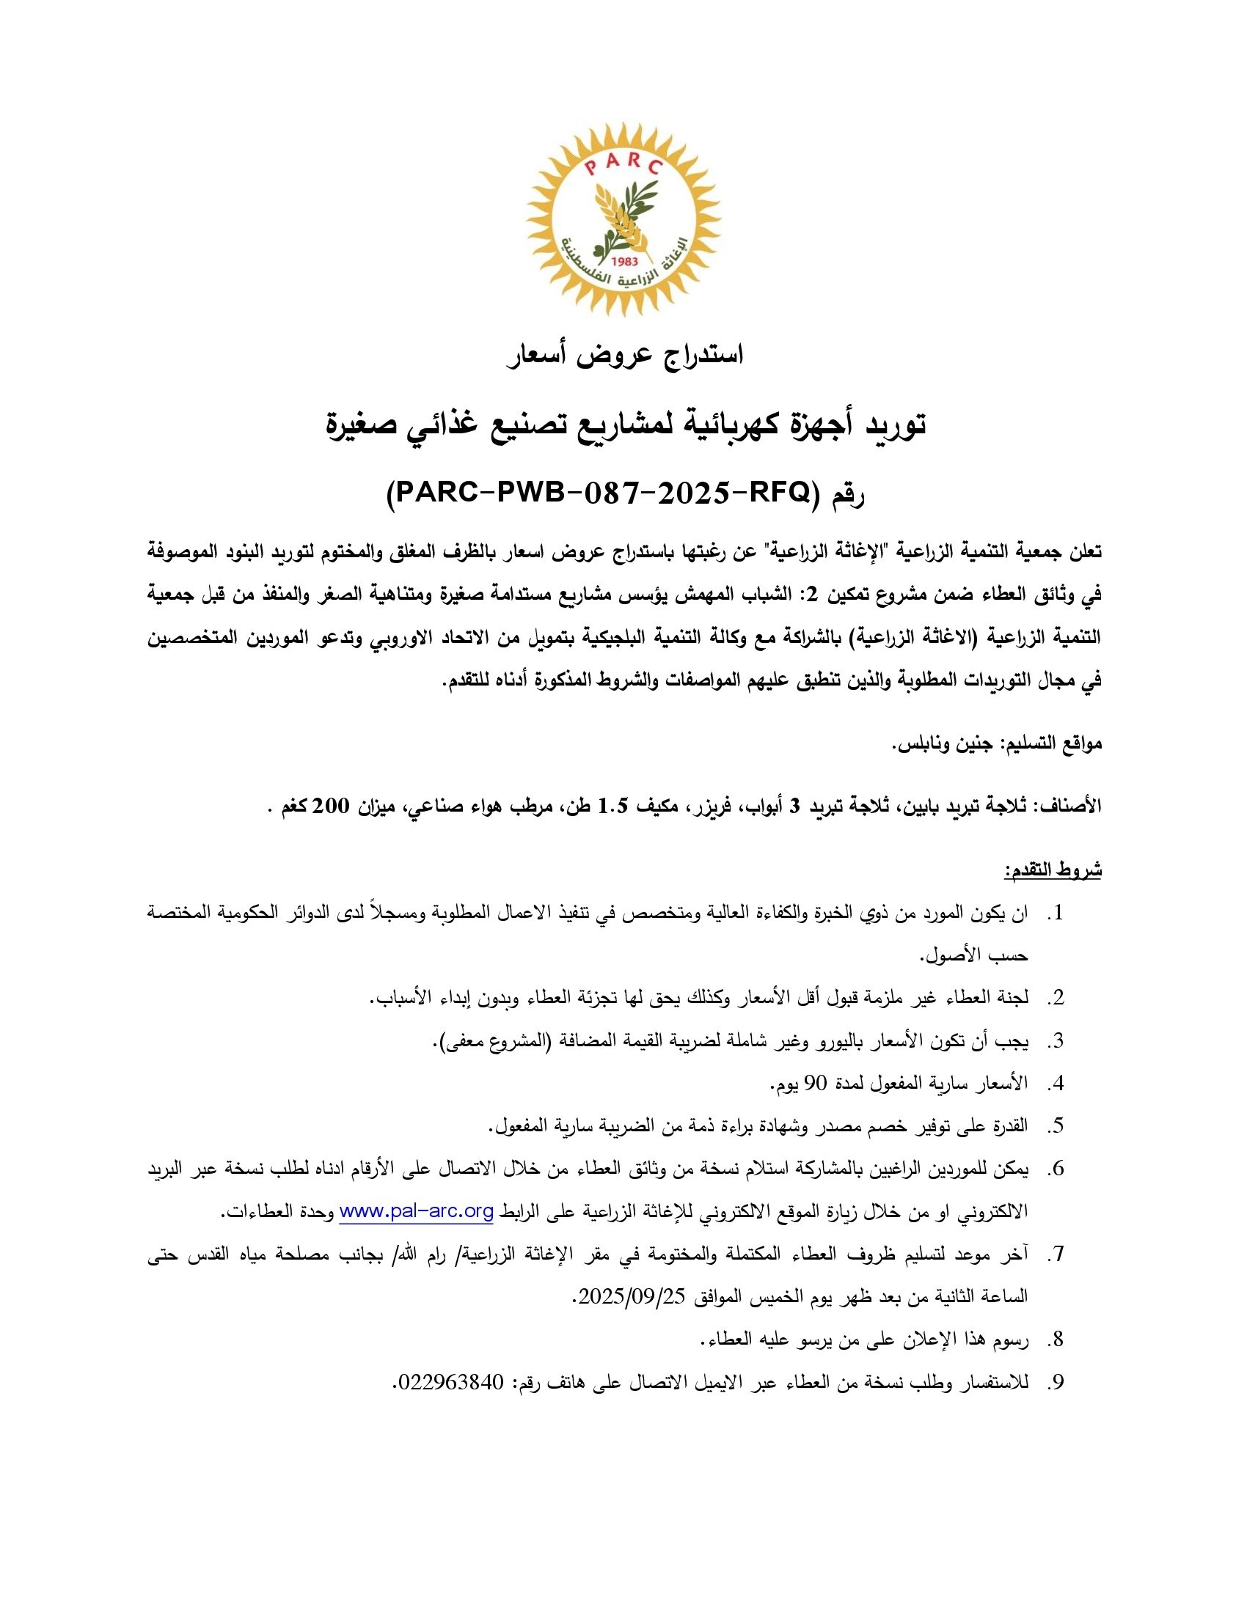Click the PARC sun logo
click(x=623, y=220)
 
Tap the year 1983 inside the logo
click(x=625, y=261)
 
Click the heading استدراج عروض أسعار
click(x=623, y=356)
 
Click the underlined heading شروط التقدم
click(x=1053, y=871)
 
